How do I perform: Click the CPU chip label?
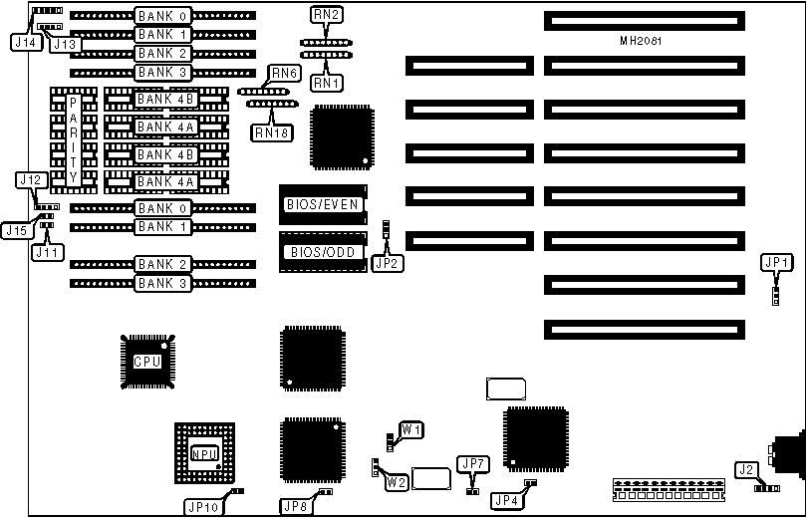coord(147,361)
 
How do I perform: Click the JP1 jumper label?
coord(776,263)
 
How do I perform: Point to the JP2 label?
coord(386,263)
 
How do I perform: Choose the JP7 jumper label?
coord(471,463)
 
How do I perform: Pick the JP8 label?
coord(295,506)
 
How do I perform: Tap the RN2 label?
coord(328,16)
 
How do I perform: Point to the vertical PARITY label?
coord(73,139)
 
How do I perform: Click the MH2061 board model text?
coord(640,42)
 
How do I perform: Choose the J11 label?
coord(47,252)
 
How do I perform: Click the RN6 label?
coord(284,74)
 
